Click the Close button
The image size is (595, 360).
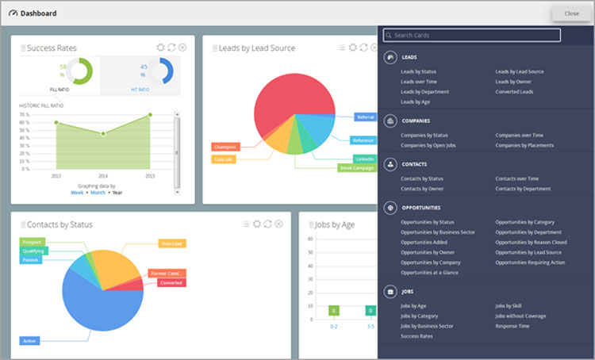coord(571,13)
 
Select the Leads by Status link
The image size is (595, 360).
coord(418,71)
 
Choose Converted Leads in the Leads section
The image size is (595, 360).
coord(514,92)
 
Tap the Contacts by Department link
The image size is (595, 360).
coord(523,189)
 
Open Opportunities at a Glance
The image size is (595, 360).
coord(429,273)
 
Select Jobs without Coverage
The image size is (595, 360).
coord(520,316)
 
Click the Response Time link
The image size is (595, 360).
coord(512,326)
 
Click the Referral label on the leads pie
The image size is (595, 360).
coord(365,117)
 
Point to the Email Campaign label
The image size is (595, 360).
coord(356,168)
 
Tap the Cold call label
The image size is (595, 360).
coord(223,159)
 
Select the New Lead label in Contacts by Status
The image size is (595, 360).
coord(171,243)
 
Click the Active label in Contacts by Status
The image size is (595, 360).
coord(29,341)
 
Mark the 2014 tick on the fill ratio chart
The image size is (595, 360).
coord(102,175)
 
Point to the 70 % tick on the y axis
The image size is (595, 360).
coord(25,114)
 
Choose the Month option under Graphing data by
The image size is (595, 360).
coord(98,193)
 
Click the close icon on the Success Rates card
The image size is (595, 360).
coord(182,48)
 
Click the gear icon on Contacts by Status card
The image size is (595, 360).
coord(256,224)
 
